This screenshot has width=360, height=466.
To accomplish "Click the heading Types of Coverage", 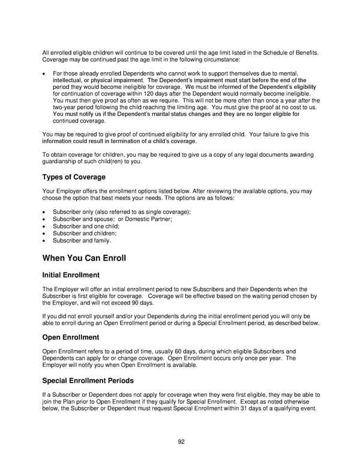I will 74,177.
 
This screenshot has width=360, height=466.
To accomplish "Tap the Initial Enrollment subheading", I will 71,275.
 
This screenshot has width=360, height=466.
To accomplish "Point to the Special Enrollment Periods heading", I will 88,381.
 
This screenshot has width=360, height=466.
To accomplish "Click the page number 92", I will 181,442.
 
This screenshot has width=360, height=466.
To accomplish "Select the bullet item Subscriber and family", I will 82,241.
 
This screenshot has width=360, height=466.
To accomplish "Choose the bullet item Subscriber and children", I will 85,234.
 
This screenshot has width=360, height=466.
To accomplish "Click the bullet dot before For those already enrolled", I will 44,74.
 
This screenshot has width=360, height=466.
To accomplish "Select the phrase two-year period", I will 71,107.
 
